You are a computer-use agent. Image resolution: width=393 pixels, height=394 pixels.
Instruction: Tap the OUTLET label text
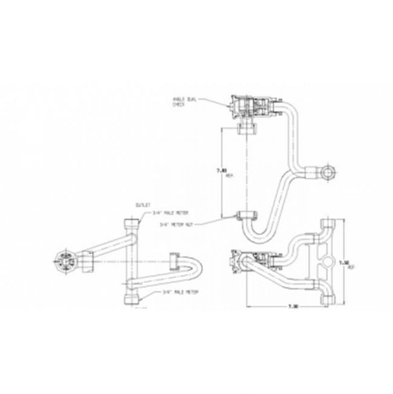coord(141,205)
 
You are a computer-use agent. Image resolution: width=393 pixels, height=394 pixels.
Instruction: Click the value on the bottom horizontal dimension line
coord(293,306)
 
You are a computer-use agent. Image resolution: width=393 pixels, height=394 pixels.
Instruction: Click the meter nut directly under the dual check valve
coord(246,128)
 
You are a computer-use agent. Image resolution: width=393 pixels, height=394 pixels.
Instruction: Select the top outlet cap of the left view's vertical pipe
coord(132,223)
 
